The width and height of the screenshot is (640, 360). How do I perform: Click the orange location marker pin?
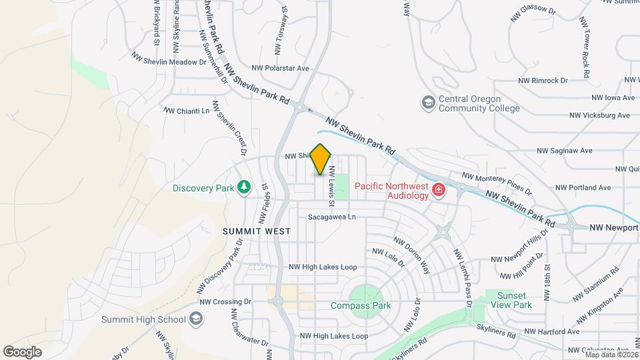pos(321,159)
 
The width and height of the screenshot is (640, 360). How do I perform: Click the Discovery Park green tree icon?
pos(245,187)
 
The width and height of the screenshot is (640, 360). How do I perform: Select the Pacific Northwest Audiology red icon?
pos(439,191)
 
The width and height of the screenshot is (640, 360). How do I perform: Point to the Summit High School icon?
pos(196,319)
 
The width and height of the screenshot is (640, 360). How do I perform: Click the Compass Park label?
pos(361,306)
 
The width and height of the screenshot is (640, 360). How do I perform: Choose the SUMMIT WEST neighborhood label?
pos(257,231)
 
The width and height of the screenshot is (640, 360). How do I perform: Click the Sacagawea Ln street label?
pos(332,217)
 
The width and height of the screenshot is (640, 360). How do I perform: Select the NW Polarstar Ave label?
pos(280,68)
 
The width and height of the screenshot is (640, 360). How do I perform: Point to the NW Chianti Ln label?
pos(187,111)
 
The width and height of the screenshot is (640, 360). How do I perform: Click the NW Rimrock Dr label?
pos(543,80)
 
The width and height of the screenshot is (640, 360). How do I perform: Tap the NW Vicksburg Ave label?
pos(599,115)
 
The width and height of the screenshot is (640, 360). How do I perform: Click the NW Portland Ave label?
pos(584,187)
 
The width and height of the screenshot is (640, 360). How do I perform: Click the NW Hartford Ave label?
pos(551,331)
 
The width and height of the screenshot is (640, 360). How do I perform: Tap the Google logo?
pos(22,352)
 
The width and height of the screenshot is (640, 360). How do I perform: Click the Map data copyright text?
pos(610,354)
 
